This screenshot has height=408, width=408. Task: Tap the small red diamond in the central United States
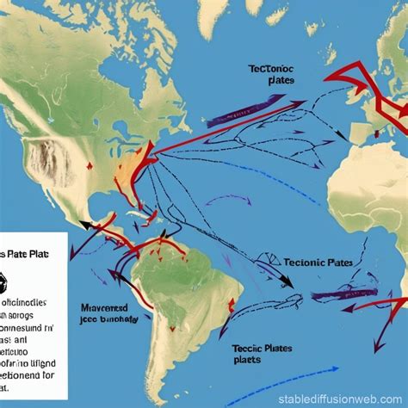(x=89, y=166)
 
